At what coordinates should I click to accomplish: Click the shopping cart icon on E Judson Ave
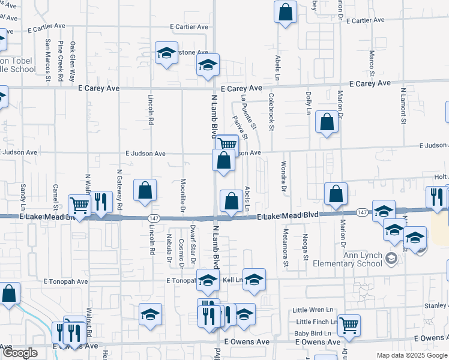227,144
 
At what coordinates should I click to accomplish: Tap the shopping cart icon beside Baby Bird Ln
349,325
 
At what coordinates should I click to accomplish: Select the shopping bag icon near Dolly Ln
327,122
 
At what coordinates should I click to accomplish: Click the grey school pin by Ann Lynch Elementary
391,259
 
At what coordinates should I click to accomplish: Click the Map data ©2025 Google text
412,355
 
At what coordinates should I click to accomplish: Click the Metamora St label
286,247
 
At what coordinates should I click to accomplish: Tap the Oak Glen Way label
73,61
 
